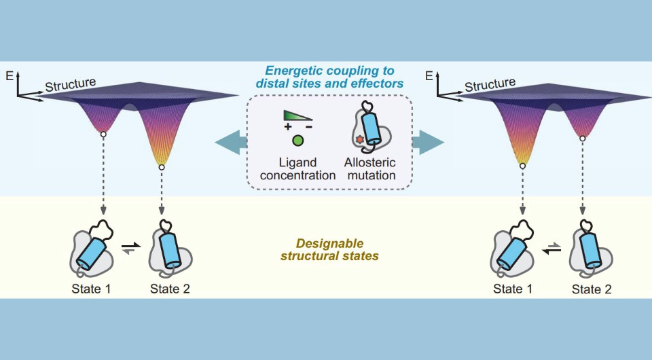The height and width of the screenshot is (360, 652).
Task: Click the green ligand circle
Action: click(297, 141)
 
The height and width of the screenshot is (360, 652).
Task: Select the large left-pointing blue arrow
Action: click(227, 142)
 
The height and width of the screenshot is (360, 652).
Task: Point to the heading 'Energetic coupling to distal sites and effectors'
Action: click(329, 76)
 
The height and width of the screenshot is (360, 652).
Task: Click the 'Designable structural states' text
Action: click(329, 250)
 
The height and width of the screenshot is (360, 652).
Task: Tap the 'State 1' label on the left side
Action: click(90, 288)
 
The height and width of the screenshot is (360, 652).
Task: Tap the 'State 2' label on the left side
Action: click(170, 288)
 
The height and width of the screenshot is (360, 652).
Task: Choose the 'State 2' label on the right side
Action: click(591, 288)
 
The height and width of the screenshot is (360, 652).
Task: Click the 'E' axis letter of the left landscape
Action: click(8, 73)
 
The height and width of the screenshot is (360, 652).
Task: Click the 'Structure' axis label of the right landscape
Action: click(490, 85)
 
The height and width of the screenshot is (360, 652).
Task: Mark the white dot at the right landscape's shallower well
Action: click(583, 138)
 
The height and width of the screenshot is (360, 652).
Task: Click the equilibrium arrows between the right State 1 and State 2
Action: click(551, 249)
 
